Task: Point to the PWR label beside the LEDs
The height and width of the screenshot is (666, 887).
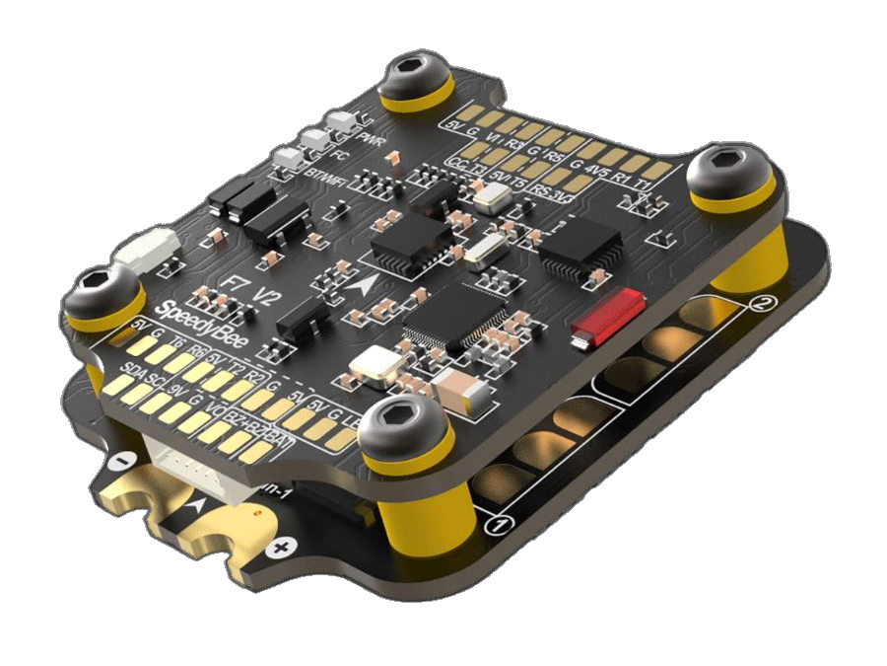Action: tap(370, 138)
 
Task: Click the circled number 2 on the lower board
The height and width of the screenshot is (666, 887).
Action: tap(759, 304)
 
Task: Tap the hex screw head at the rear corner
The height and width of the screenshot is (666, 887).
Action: tap(413, 74)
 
